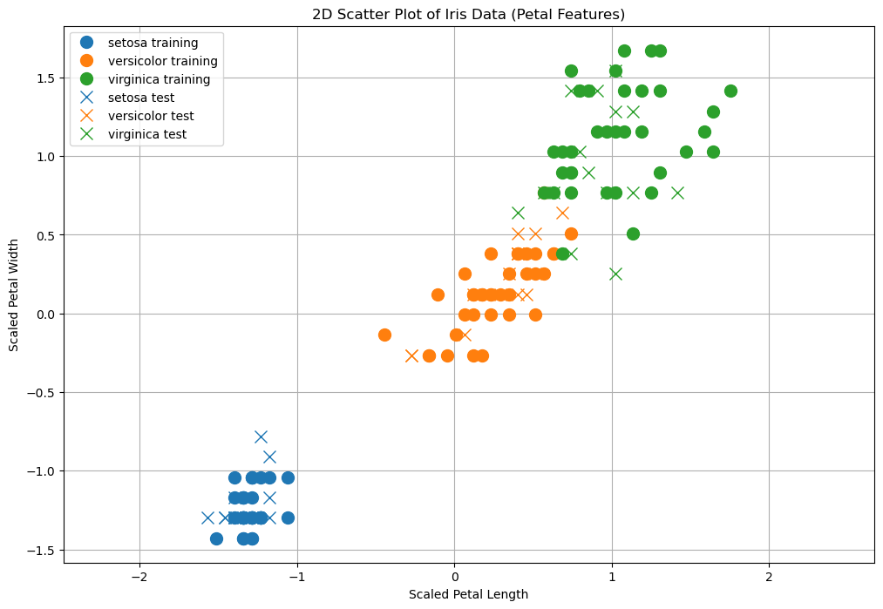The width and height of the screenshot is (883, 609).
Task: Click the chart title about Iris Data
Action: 469,14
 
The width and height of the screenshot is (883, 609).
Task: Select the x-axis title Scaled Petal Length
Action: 468,594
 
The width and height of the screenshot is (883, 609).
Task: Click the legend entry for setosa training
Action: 153,43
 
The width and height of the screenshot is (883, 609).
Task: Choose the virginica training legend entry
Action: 159,79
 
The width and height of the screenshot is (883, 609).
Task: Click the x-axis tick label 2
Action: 769,576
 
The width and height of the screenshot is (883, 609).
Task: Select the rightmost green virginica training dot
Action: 730,91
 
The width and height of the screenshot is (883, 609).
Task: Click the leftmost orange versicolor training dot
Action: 384,335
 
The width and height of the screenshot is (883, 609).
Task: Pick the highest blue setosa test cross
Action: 261,436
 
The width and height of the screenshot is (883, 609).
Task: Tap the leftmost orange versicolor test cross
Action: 411,355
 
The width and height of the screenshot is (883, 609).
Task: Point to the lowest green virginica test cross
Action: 615,274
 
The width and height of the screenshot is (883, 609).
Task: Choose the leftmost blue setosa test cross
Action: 207,518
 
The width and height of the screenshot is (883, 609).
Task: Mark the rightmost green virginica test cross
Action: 677,193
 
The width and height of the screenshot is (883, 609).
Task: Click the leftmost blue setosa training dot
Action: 216,538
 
